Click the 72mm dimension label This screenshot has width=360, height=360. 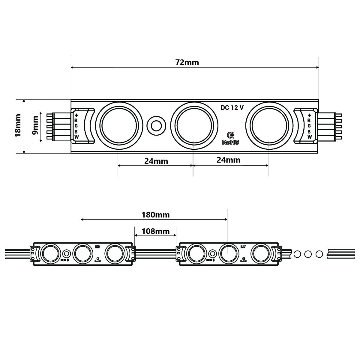[x=187, y=62]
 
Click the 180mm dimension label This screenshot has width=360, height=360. [x=155, y=215]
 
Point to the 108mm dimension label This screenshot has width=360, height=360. [x=155, y=231]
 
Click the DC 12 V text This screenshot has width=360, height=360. [x=232, y=108]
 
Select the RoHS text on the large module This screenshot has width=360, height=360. [x=230, y=142]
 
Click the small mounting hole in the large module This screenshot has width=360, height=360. [x=156, y=125]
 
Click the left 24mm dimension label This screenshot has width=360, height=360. [x=156, y=161]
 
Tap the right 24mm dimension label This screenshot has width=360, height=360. [x=228, y=160]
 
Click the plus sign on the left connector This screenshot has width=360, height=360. [x=76, y=115]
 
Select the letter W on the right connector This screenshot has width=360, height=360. [x=309, y=137]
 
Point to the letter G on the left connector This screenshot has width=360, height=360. [x=76, y=126]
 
